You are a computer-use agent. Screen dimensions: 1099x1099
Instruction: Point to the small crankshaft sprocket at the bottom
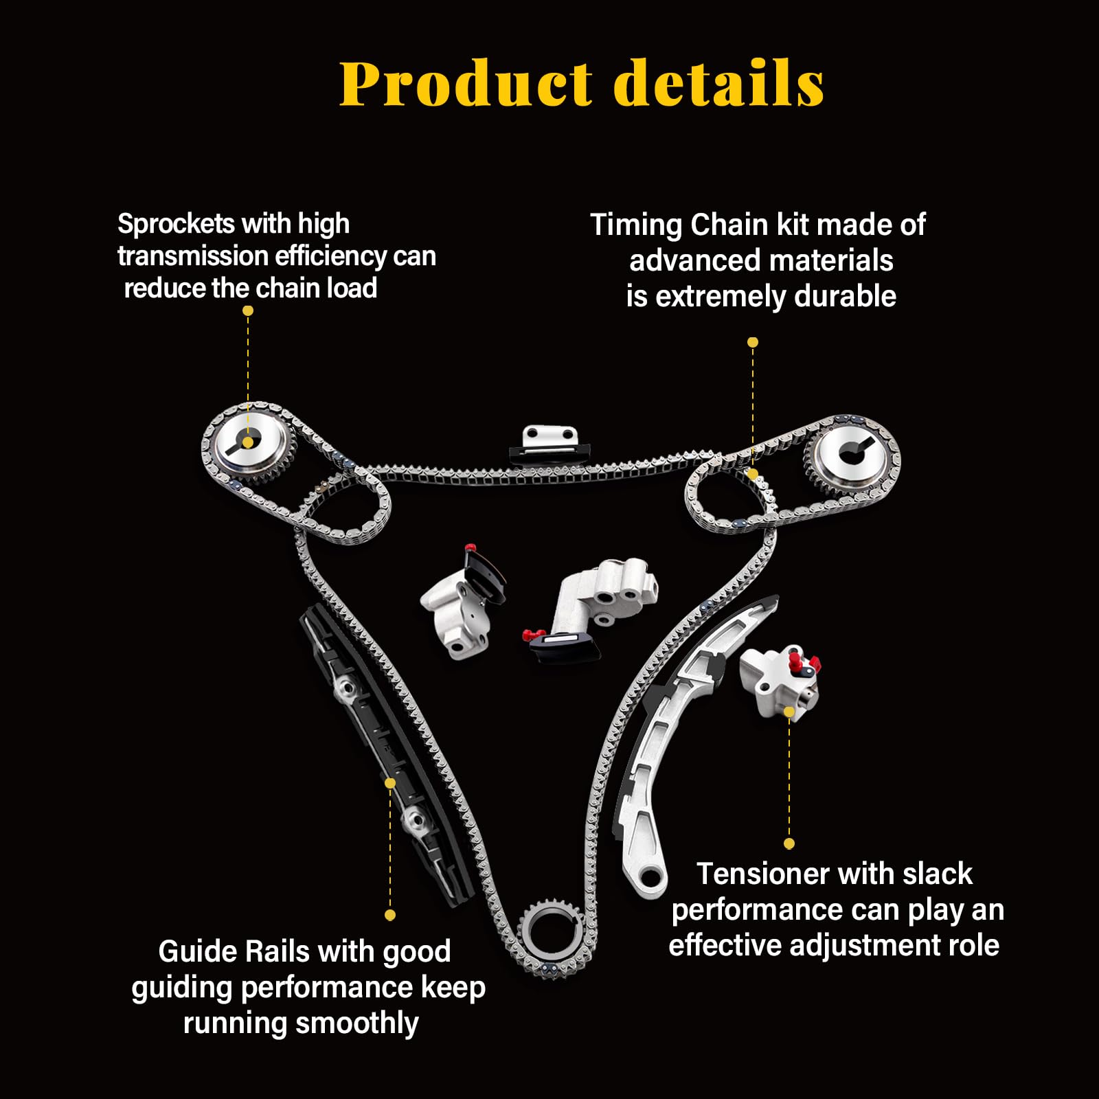(x=552, y=934)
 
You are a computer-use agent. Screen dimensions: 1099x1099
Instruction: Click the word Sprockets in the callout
(x=177, y=224)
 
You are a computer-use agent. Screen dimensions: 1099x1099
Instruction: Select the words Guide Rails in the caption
(x=234, y=952)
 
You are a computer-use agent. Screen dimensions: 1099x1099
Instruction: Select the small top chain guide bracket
(x=549, y=443)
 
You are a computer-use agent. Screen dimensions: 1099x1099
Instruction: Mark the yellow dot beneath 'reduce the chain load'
(x=248, y=310)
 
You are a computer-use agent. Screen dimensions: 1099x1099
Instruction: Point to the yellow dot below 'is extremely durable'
(x=753, y=342)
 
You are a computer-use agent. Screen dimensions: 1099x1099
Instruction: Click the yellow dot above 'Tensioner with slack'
(x=789, y=843)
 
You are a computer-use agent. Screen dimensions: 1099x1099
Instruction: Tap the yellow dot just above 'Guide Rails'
(x=390, y=915)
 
